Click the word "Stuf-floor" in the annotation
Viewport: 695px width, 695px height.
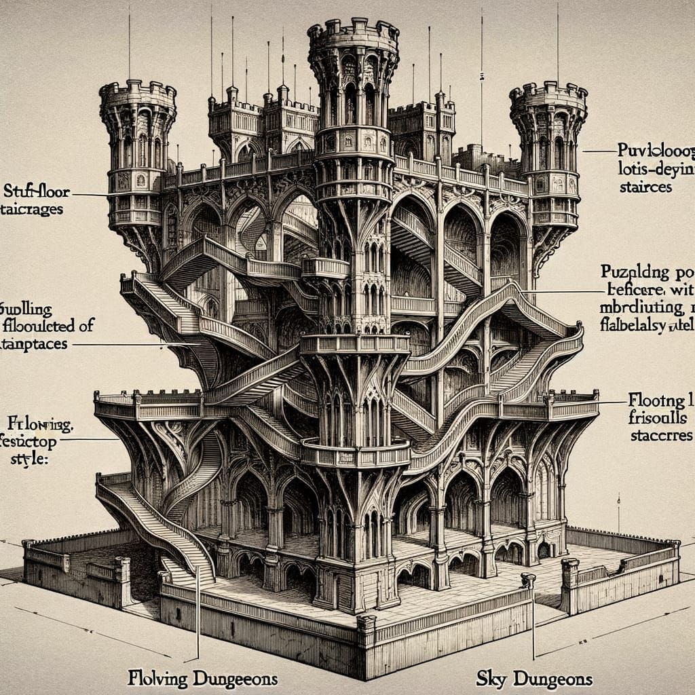coord(33,189)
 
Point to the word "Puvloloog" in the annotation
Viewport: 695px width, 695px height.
coord(655,148)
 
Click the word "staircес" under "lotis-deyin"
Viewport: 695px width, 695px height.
coord(645,187)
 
